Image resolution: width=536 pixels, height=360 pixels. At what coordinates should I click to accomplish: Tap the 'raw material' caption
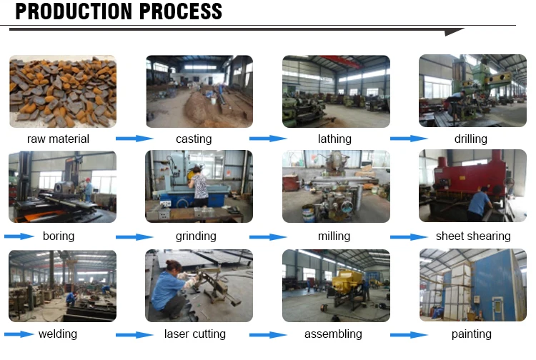coord(58,139)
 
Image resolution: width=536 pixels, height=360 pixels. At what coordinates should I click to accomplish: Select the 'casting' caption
coord(194,139)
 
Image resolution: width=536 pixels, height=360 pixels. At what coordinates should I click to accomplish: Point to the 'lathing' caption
coord(334,139)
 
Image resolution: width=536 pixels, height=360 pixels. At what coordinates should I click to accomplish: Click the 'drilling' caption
coord(470,139)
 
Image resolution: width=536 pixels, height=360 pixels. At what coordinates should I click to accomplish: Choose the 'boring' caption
coord(58,236)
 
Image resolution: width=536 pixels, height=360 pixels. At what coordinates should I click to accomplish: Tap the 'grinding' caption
coord(195,236)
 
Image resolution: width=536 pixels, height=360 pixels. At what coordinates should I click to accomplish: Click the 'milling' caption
coord(334,236)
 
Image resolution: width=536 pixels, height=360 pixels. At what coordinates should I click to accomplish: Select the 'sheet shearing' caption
coord(473,236)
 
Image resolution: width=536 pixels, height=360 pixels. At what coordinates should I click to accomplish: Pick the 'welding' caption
coord(58,334)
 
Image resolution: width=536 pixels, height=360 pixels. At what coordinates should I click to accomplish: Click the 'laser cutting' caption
coord(194,334)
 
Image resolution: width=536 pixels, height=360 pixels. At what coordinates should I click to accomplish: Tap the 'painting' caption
coord(472,334)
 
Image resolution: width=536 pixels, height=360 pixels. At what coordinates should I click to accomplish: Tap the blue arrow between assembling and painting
coord(409,334)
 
